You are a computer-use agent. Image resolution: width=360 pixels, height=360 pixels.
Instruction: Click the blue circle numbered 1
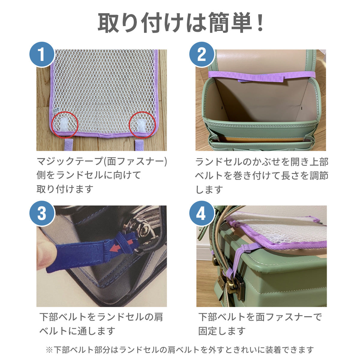pyautogui.click(x=42, y=54)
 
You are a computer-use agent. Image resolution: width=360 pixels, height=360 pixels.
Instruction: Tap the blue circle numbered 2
pyautogui.click(x=202, y=54)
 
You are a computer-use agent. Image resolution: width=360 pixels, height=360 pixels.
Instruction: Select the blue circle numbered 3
pyautogui.click(x=42, y=214)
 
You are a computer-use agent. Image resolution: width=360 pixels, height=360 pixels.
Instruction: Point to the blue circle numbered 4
pyautogui.click(x=202, y=214)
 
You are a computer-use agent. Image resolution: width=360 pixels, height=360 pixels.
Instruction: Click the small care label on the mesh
pyautogui.click(x=56, y=110)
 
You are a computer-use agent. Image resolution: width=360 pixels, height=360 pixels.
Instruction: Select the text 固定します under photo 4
pyautogui.click(x=222, y=331)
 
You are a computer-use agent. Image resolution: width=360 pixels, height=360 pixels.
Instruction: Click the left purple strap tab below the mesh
pyautogui.click(x=69, y=144)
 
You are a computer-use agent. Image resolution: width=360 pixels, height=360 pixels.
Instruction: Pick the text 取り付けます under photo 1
pyautogui.click(x=65, y=189)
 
